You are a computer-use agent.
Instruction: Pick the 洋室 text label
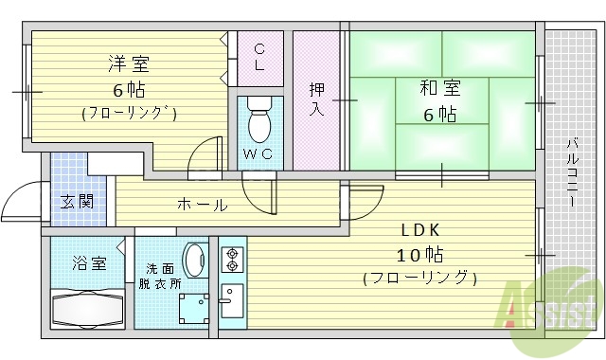[x=128, y=65]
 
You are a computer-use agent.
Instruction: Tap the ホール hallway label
[x=202, y=205]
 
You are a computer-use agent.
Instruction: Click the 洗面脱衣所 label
[x=158, y=276]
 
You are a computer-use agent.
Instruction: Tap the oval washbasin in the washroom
[x=195, y=261]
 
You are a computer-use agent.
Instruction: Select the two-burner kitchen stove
[x=233, y=259]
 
